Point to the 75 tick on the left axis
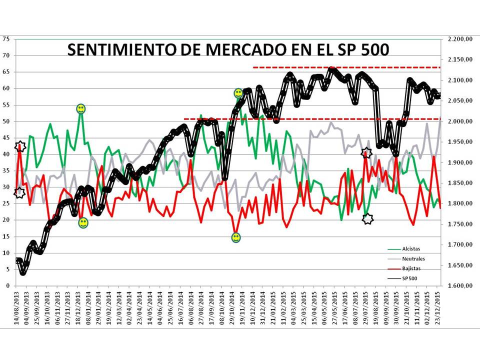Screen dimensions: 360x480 pos(6,39)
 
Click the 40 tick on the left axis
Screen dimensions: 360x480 pos(6,154)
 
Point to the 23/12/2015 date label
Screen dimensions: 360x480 pos(438,307)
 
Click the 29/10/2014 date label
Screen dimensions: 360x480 pos(232,307)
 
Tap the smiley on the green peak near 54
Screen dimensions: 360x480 pos(81,108)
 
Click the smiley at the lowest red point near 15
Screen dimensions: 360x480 pos(236,237)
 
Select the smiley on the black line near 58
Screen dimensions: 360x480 pos(238,93)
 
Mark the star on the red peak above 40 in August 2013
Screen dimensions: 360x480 pos(20,146)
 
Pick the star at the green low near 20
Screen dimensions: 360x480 pos(367,218)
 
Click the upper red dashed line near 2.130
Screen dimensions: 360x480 pos(345,67)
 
